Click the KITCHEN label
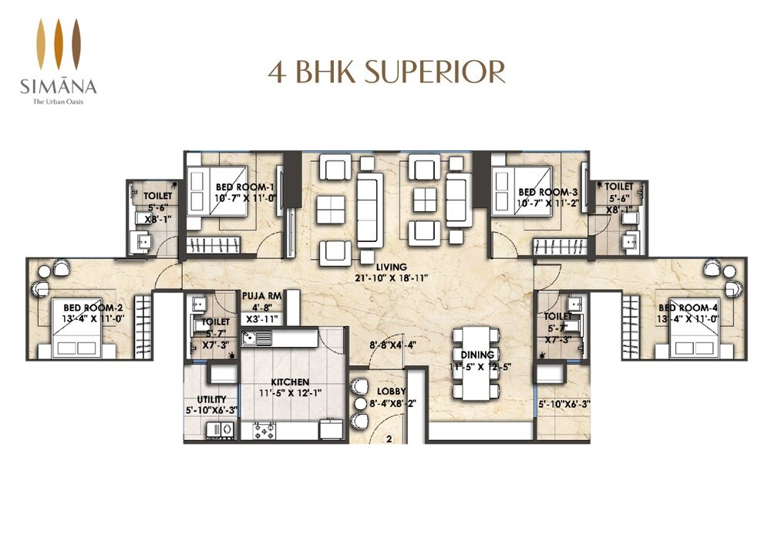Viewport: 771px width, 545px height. coord(290,382)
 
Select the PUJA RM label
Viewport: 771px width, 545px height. coord(261,294)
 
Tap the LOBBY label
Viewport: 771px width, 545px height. coord(392,391)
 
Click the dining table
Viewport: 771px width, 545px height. coord(473,362)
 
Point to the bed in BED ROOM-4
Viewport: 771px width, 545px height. coord(692,333)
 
